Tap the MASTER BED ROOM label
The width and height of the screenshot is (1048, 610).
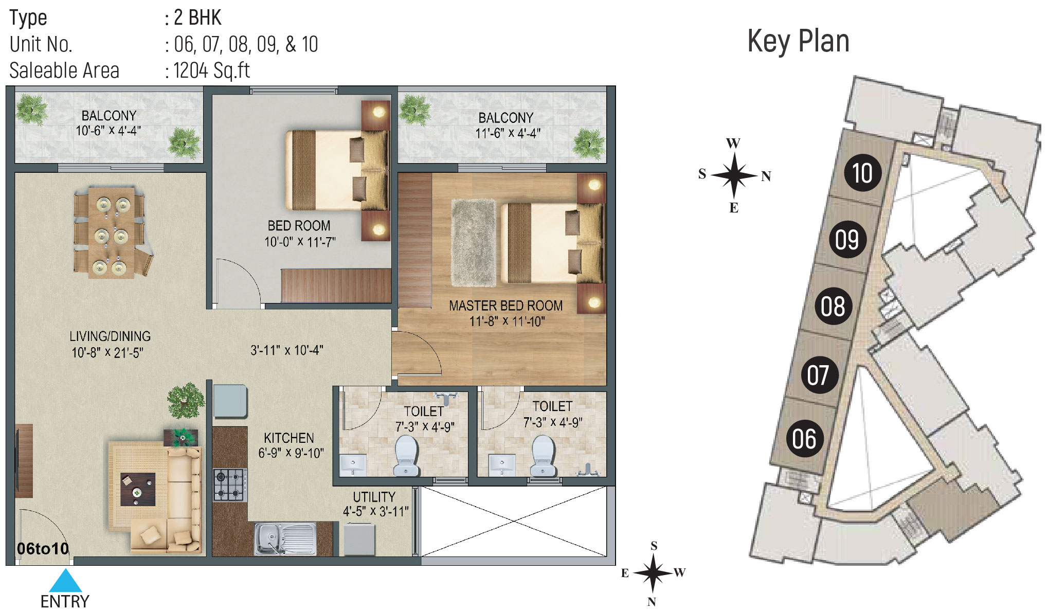[x=505, y=306]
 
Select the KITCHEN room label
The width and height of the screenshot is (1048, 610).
[x=288, y=438]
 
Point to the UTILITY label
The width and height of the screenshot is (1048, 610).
[x=374, y=497]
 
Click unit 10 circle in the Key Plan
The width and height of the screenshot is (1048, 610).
[x=862, y=173]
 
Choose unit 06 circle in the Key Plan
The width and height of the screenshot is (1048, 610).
[x=805, y=439]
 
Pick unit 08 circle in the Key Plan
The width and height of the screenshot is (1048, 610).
[x=833, y=306]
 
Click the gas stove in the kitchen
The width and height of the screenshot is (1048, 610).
[x=230, y=485]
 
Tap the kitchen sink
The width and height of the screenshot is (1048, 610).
[x=285, y=539]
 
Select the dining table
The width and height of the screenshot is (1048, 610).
[x=112, y=232]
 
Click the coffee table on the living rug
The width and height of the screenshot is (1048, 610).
[x=138, y=489]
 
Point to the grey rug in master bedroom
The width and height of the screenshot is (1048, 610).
[x=475, y=242]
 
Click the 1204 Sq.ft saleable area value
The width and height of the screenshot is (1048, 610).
[x=211, y=70]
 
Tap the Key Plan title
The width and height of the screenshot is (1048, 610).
[x=798, y=41]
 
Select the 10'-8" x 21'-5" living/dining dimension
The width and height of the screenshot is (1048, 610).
[x=107, y=352]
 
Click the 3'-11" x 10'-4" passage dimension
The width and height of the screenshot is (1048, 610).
[x=286, y=350]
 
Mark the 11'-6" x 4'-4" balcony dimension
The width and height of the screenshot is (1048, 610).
[x=508, y=133]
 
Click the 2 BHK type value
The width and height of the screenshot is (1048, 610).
[x=197, y=17]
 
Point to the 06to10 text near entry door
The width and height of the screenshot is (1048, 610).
[x=43, y=549]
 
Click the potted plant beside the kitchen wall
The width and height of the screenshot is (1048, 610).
[x=186, y=400]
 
